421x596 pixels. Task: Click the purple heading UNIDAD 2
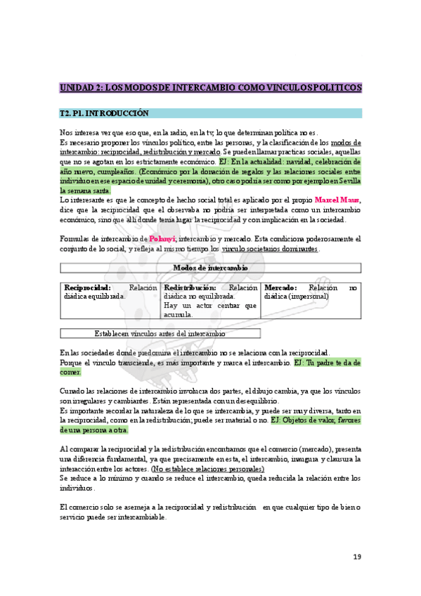[210, 88]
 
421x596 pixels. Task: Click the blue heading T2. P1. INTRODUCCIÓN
[105, 113]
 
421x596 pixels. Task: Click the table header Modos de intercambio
[210, 268]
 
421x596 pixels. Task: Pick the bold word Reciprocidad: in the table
[87, 287]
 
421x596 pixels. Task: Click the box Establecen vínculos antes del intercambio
[160, 333]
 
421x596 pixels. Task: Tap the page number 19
[357, 557]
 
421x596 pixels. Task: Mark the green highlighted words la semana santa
[85, 190]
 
